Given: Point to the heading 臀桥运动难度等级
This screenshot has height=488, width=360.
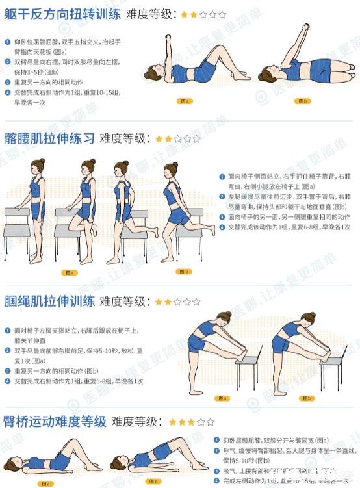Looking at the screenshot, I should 55,422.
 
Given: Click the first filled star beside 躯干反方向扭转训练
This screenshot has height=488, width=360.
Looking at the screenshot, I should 184,14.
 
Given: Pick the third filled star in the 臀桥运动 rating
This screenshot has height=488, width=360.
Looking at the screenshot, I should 192,422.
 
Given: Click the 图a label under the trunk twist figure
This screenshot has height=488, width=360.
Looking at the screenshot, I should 184,101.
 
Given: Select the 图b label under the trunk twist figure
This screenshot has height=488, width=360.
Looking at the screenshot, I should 302,101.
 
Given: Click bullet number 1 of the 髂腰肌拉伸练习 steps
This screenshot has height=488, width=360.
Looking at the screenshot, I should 222,176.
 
